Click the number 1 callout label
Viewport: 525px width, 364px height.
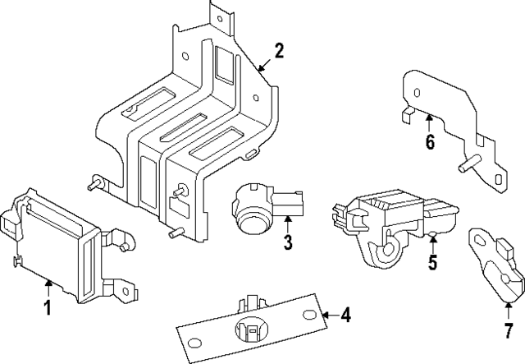[47, 308]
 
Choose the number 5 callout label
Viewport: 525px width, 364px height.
[433, 263]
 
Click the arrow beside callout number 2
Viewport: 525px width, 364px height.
[262, 66]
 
